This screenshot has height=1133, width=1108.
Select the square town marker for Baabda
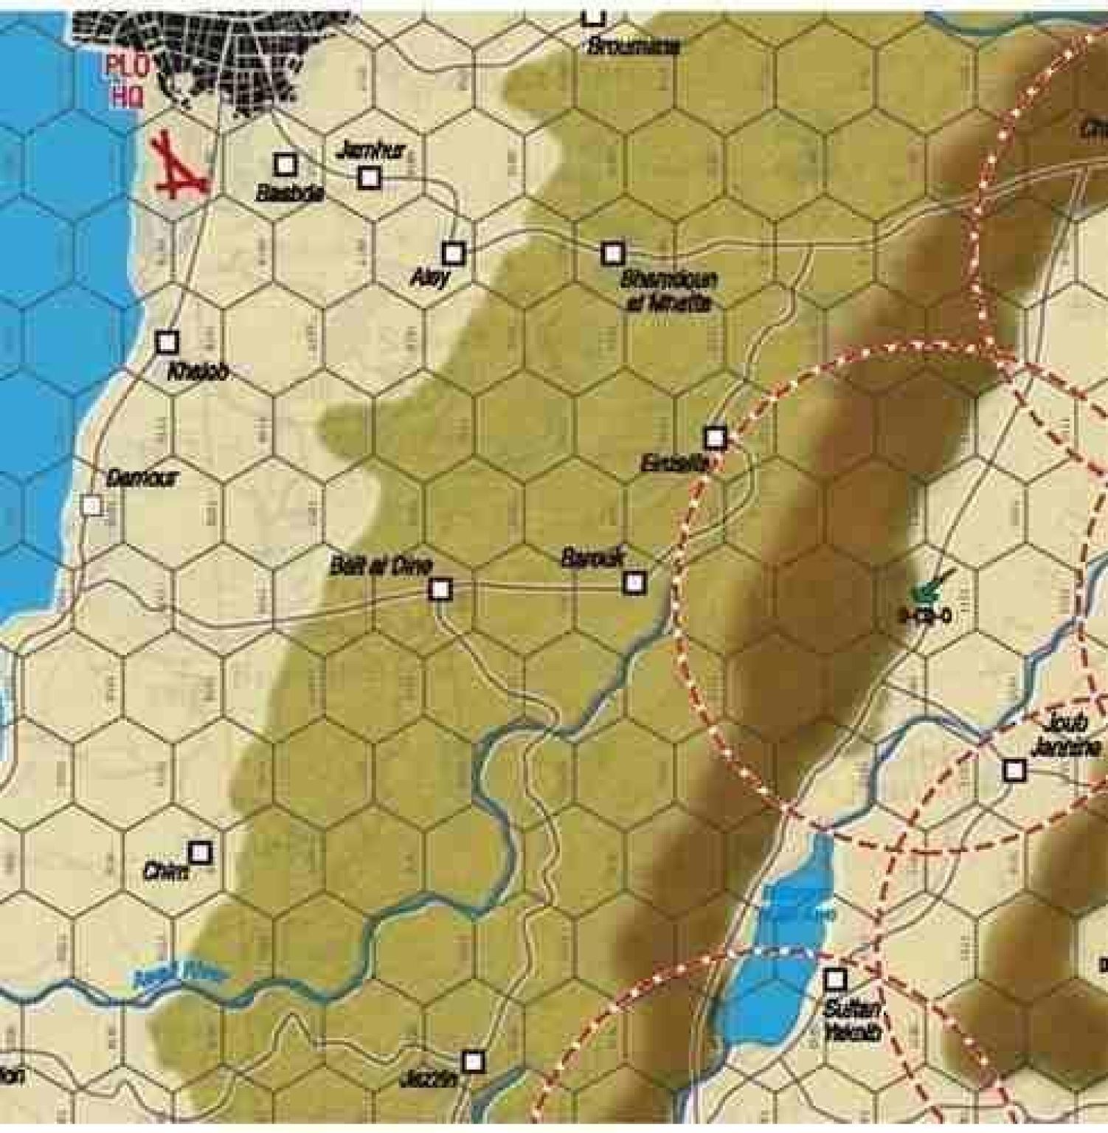[285, 164]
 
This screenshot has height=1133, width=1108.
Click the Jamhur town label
[371, 152]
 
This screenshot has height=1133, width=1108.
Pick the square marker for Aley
[453, 253]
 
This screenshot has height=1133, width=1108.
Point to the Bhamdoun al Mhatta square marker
[612, 254]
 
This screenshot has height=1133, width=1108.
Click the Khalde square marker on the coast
[167, 342]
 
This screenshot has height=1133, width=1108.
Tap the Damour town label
[142, 478]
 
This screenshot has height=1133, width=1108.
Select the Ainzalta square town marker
[715, 438]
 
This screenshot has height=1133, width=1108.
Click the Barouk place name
[592, 558]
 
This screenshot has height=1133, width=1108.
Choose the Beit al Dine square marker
[440, 589]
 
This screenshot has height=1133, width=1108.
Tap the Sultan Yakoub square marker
[834, 980]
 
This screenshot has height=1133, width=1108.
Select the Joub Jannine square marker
[1015, 770]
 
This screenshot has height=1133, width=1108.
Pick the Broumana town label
[632, 46]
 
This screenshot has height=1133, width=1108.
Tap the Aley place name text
[429, 279]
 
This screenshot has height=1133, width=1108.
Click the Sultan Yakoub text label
[852, 1020]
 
